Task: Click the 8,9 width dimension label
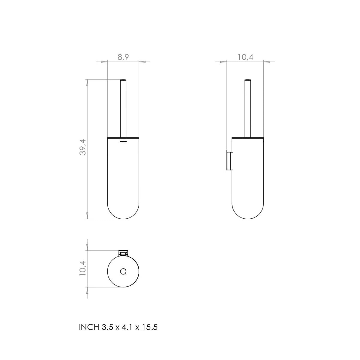click(x=123, y=57)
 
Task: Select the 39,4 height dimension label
click(x=83, y=147)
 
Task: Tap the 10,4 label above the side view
click(x=245, y=57)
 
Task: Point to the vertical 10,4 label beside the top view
click(x=83, y=268)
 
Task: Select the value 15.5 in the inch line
click(x=150, y=327)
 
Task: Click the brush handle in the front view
click(x=123, y=108)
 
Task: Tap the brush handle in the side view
click(x=248, y=108)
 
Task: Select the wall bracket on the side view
click(x=229, y=161)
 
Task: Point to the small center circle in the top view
click(x=123, y=271)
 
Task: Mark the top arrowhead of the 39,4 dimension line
click(x=87, y=82)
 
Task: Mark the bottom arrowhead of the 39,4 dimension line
click(x=87, y=216)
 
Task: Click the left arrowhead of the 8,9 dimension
click(x=104, y=62)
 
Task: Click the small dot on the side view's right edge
click(x=263, y=141)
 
